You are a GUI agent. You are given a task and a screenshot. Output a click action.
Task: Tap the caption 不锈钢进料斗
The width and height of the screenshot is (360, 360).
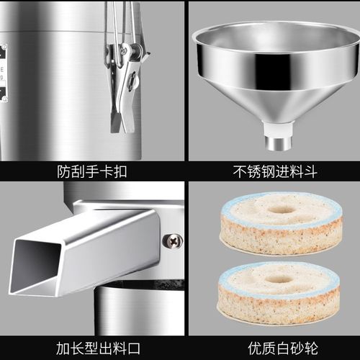(274, 171)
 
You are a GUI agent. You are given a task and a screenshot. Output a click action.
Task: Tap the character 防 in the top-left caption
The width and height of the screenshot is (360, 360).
(63, 171)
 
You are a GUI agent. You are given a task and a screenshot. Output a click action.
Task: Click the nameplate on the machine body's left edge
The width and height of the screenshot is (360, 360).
(3, 72)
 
